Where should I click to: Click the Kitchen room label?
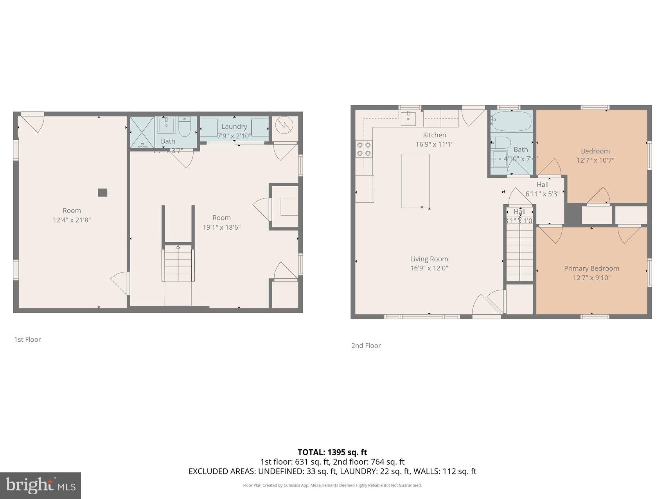point(434,135)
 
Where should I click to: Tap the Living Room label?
point(429,259)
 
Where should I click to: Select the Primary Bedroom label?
point(591,268)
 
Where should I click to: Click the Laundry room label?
point(234,126)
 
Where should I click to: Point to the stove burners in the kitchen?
point(364,149)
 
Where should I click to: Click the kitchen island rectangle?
point(415,180)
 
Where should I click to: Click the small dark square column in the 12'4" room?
point(102,193)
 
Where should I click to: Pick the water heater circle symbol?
point(284,125)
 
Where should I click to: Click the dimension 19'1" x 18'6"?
point(221,227)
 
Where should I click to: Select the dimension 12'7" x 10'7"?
point(595,160)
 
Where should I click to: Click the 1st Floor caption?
point(27,339)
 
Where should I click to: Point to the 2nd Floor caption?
point(366,346)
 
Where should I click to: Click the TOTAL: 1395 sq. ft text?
point(332,452)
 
